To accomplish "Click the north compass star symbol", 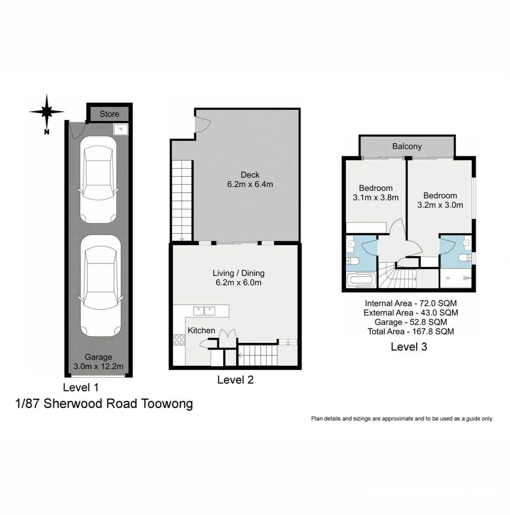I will pos(47,112).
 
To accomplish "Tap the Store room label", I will pos(109,114).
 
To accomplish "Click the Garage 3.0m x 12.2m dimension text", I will pos(98,362).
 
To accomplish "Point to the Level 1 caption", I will pos(81,387).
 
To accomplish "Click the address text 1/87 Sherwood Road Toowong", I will pos(104,404).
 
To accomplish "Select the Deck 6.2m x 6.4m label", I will pos(250,179).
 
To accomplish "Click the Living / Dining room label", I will pos(238,278).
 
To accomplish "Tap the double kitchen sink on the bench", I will pos(204,311).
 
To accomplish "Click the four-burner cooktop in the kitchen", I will pos(179,340).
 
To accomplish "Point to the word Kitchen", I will pos(201,330).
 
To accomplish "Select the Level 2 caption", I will pos(235,380).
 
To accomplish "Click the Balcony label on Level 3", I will pos(407,146).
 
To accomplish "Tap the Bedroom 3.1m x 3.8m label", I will pos(375,192).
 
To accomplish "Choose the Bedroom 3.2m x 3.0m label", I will pos(440,200).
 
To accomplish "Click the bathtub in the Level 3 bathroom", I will pos(361,280).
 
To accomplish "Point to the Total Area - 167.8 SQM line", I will pos(411,331).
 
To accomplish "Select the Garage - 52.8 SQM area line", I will pos(411,322).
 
